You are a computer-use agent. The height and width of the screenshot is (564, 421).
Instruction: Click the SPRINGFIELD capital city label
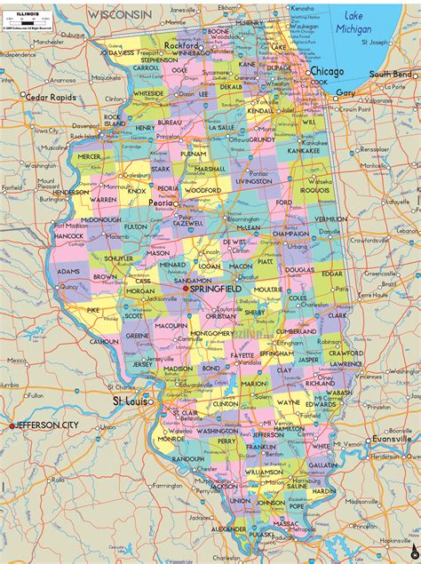(218, 290)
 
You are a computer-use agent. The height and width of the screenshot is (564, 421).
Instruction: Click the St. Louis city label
(131, 401)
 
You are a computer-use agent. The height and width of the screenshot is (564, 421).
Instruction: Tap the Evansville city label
(391, 438)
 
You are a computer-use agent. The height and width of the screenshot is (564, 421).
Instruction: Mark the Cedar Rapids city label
(50, 97)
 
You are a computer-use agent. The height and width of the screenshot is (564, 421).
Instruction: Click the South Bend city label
(391, 75)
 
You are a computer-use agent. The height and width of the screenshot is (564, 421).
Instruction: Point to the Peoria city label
(161, 203)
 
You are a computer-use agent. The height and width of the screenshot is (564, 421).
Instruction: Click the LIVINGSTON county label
(253, 181)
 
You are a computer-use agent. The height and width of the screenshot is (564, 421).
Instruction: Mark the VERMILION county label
(330, 218)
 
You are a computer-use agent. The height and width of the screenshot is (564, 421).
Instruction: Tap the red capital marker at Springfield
(186, 289)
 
